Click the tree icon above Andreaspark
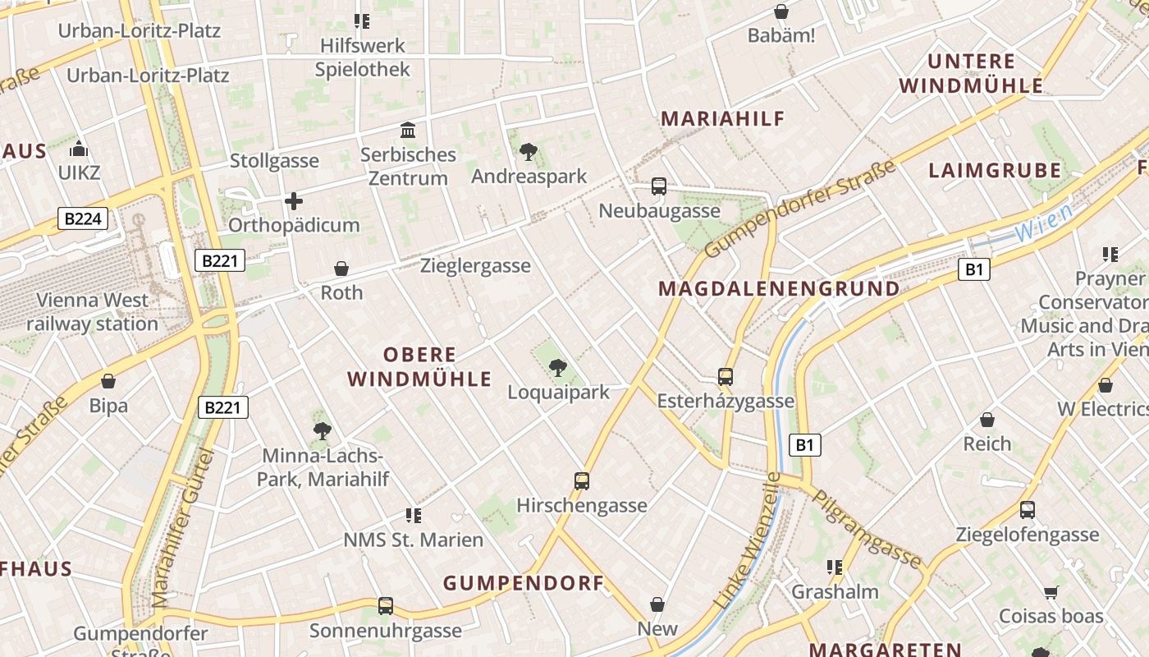click(529, 151)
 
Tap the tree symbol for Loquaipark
click(558, 367)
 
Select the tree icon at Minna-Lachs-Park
click(323, 430)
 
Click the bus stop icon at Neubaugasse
click(658, 186)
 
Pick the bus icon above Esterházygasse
click(726, 377)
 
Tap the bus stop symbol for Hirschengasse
click(581, 481)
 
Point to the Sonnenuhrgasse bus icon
click(385, 606)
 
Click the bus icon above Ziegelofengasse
click(1027, 510)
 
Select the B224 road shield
click(83, 218)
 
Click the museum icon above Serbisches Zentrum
click(408, 130)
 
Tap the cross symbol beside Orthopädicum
click(293, 201)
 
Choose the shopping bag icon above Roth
click(341, 269)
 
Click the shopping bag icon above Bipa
click(108, 381)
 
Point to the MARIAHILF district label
click(723, 118)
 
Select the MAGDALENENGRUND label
click(779, 289)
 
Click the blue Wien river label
click(1043, 222)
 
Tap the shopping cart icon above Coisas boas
click(1051, 592)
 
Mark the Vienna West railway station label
click(92, 312)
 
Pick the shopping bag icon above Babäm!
click(781, 12)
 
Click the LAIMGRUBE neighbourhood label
click(995, 171)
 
